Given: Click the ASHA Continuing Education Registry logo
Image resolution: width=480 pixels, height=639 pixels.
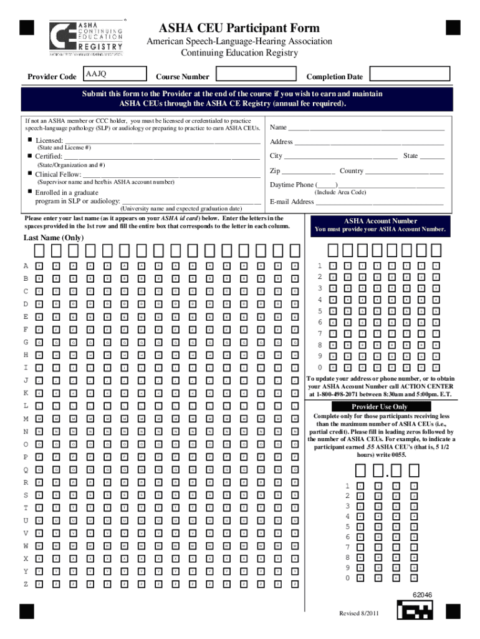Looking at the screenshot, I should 87,38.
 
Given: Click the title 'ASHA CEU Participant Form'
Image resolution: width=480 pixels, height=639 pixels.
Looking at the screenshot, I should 239,28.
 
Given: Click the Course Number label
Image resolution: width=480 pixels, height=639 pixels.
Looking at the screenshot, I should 183,77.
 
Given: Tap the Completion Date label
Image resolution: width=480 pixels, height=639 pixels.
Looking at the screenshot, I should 334,77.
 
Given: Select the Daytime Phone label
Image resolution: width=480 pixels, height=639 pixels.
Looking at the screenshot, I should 292,185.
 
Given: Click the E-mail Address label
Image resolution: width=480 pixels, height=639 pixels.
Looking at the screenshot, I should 292,202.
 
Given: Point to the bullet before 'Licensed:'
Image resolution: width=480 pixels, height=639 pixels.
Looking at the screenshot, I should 29,140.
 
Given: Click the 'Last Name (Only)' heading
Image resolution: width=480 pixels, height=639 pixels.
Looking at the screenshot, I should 54,238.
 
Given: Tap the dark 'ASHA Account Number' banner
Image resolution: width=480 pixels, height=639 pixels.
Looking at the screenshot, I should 381,225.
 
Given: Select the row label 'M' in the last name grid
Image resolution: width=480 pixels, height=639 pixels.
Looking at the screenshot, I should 26,418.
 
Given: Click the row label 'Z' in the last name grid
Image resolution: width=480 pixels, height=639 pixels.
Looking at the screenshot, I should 26,584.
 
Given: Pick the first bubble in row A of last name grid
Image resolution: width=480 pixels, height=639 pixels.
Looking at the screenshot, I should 39,266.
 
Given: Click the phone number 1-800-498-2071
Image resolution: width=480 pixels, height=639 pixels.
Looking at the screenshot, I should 337,394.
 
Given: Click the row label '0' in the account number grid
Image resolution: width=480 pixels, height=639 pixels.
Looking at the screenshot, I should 320,368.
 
